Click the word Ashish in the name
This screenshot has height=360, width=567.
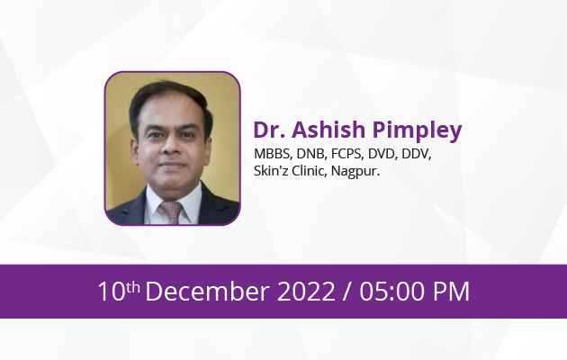(328, 130)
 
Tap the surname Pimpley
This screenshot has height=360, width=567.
(418, 131)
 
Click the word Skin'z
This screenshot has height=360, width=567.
(271, 171)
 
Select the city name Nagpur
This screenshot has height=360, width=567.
(355, 171)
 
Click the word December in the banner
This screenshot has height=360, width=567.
(208, 291)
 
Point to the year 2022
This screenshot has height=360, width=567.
(306, 292)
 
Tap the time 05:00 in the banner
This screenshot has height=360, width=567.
(392, 292)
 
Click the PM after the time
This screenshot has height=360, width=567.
(451, 292)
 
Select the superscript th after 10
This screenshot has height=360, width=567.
(133, 287)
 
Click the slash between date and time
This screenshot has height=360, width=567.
(346, 292)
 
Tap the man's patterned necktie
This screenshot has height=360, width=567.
(171, 212)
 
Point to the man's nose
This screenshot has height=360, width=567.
(172, 147)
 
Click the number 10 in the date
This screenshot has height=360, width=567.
(112, 292)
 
